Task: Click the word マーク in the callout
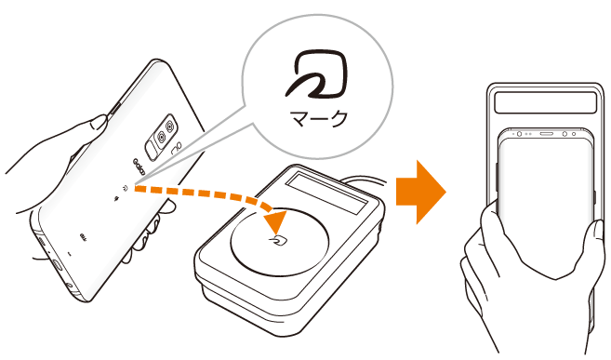point(318,118)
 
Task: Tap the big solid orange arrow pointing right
point(421,192)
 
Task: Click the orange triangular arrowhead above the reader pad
point(276,222)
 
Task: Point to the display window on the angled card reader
point(327,193)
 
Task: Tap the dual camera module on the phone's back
point(161,137)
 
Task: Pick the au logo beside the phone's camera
point(177,147)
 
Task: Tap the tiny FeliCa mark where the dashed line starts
point(126,188)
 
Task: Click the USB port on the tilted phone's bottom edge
point(57,265)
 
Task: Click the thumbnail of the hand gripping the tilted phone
point(99,123)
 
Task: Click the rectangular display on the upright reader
point(546,102)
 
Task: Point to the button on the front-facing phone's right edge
point(594,197)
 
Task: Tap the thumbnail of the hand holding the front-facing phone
point(599,233)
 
